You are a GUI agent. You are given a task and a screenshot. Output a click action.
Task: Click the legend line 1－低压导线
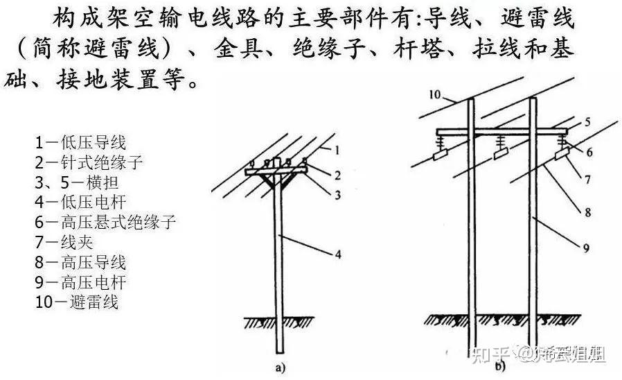(80, 143)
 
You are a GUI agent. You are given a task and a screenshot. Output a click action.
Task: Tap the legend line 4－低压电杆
(80, 202)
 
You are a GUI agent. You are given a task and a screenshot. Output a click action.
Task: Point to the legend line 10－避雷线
(76, 302)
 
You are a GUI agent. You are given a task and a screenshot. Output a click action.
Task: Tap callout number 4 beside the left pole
(339, 254)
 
